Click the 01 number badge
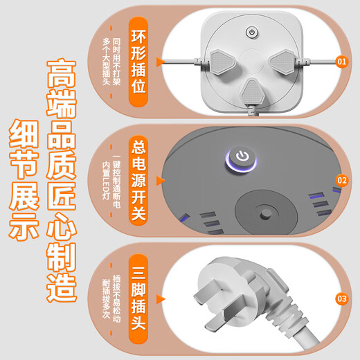click(341, 62)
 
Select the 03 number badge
click(341, 298)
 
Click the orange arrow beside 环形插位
click(161, 62)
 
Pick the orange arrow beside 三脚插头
click(161, 298)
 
